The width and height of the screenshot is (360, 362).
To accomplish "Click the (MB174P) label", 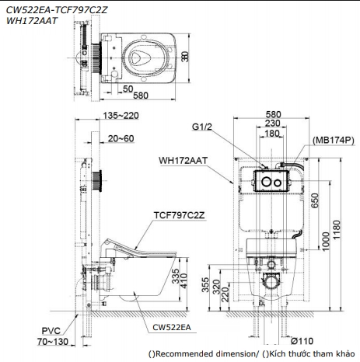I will coord(334,140).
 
